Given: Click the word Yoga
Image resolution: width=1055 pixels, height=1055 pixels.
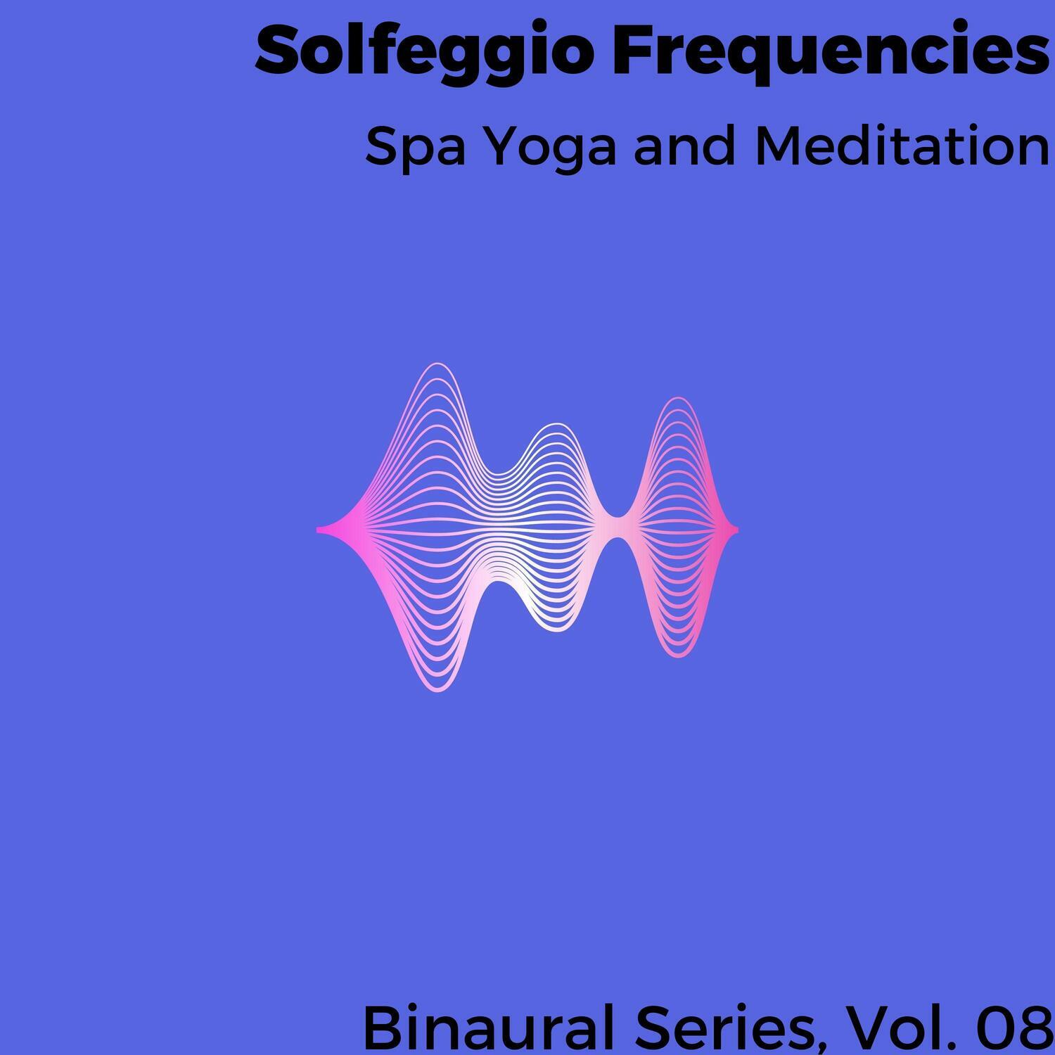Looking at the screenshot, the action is [x=551, y=149].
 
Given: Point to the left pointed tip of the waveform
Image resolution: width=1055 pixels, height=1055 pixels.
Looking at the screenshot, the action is [x=318, y=529].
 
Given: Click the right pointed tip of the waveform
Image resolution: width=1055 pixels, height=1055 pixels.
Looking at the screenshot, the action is [x=737, y=529].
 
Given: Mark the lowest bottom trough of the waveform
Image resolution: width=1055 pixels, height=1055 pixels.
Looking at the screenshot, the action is [x=437, y=691].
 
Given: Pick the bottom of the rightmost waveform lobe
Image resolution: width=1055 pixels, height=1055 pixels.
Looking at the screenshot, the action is [x=679, y=657].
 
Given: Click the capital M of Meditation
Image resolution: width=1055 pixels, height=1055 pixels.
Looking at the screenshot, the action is [x=774, y=148].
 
